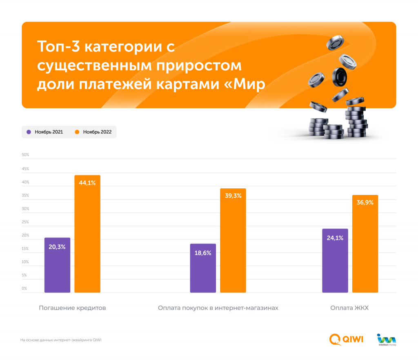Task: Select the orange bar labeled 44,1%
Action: [x=87, y=237]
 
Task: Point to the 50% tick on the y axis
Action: [x=25, y=155]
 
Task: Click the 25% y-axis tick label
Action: [x=25, y=222]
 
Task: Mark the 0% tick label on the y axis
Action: [x=24, y=288]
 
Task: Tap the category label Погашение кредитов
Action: [x=72, y=308]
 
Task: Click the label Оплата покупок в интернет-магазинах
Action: [x=218, y=308]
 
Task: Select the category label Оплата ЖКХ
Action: [x=349, y=308]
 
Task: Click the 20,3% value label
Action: [x=57, y=247]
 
